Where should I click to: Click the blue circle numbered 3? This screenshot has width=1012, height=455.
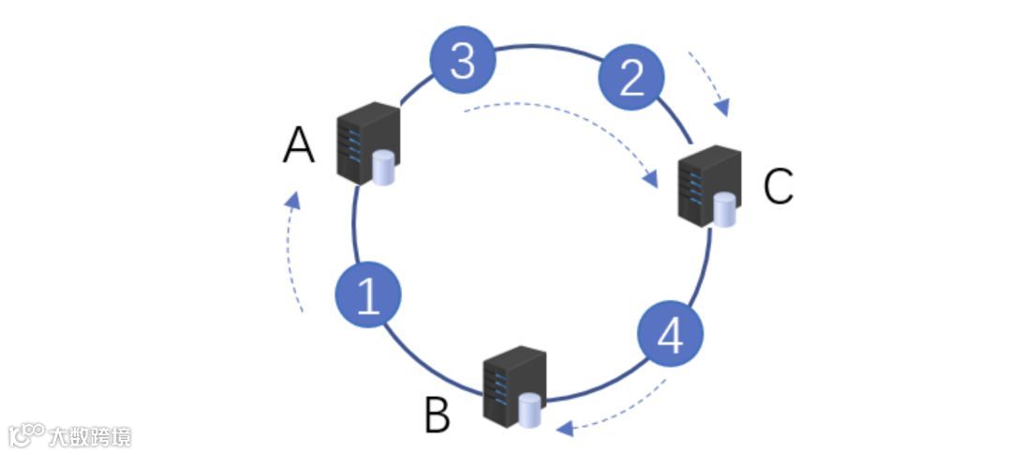tap(462, 63)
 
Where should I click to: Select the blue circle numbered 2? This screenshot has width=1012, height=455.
tap(632, 79)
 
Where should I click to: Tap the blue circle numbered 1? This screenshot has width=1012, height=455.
tap(368, 296)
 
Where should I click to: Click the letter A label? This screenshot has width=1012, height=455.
tap(299, 146)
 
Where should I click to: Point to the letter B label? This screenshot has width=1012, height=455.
tap(437, 416)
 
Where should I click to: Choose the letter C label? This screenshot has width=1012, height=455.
tap(778, 187)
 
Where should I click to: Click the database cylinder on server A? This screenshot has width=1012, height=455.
tap(383, 169)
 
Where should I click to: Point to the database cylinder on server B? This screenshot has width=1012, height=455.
tap(530, 410)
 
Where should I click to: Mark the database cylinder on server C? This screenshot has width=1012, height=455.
tap(724, 210)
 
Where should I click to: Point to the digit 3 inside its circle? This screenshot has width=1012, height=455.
tap(462, 63)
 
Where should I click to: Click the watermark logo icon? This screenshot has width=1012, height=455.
tap(27, 433)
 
